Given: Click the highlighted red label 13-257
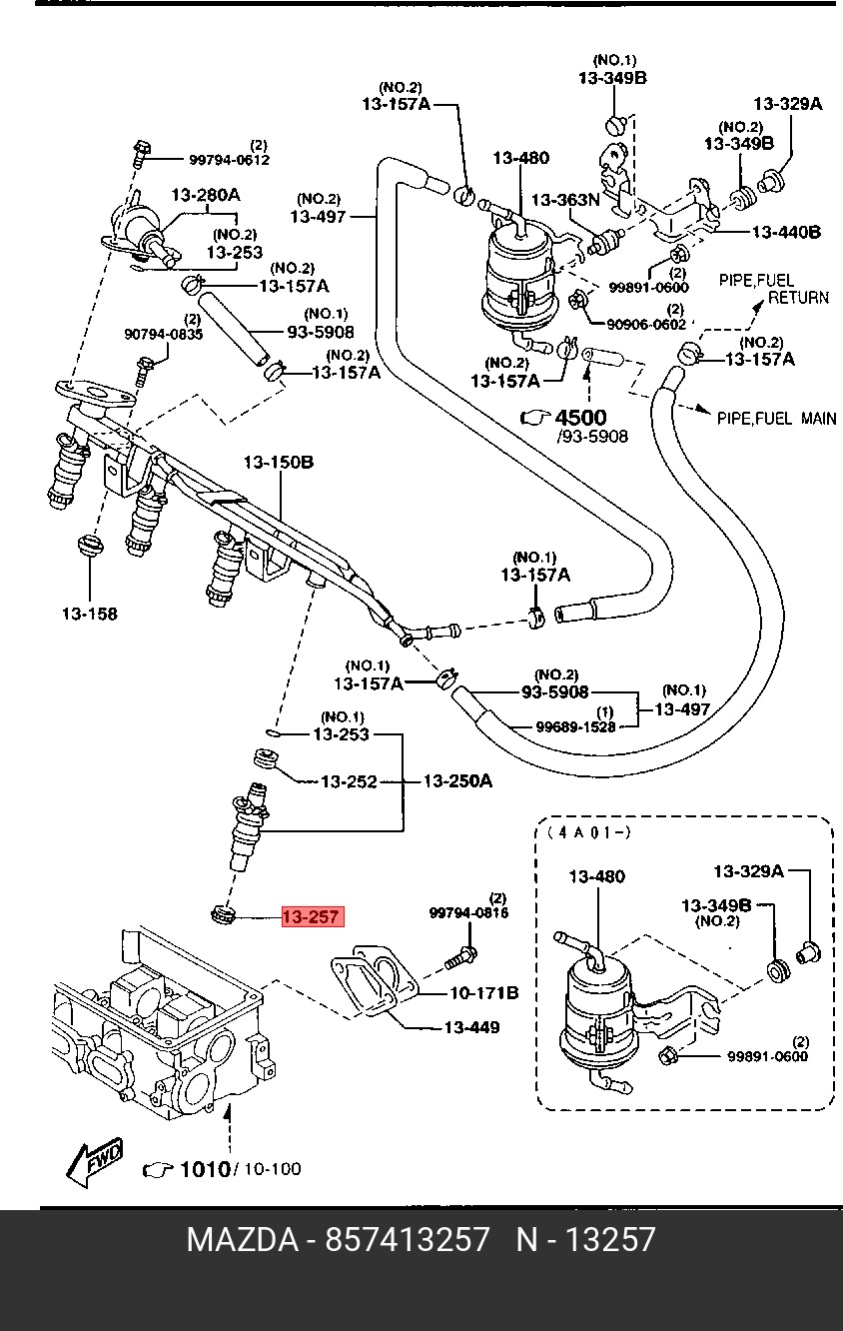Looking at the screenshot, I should click(312, 916).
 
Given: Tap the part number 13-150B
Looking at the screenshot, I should click(279, 463).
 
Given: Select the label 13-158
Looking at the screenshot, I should click(88, 614).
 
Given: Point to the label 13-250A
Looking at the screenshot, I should click(457, 780).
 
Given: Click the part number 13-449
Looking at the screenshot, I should click(471, 1027).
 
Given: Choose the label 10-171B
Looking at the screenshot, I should click(483, 992).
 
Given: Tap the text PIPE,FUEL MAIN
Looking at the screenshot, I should click(777, 419).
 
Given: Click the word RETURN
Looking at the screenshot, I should click(798, 297).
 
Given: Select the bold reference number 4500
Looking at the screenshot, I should click(580, 418).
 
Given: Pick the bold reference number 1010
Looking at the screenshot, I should click(204, 1169).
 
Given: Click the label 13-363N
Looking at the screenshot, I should click(564, 200).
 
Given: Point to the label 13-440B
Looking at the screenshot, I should click(786, 232).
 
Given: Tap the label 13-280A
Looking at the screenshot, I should click(205, 195).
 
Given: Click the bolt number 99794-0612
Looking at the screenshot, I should click(230, 160).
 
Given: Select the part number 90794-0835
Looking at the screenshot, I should click(163, 335).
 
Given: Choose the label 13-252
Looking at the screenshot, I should click(349, 781).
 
